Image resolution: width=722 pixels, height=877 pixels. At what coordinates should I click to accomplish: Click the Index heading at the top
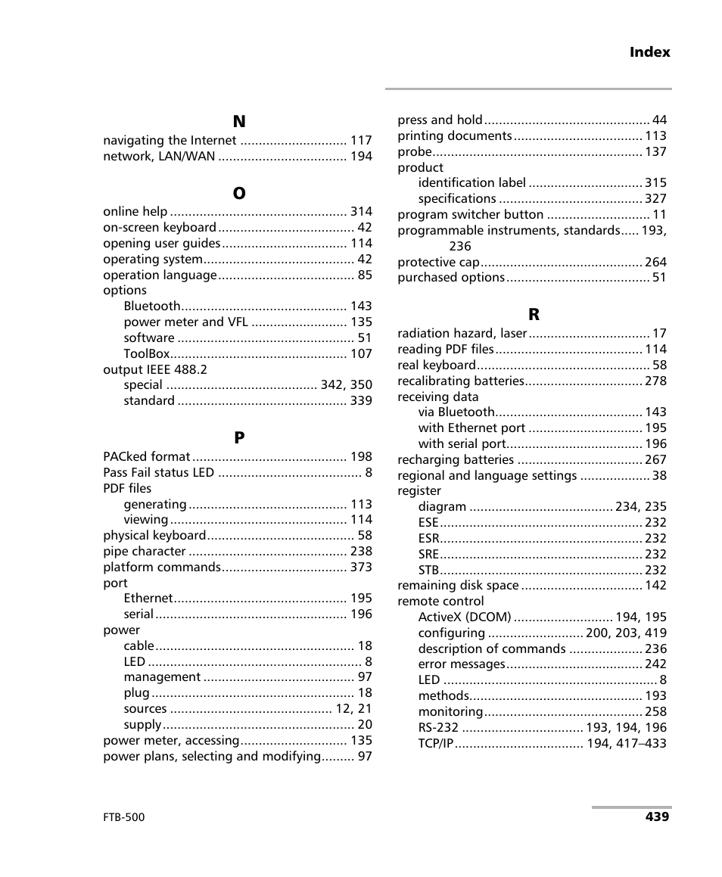[649, 52]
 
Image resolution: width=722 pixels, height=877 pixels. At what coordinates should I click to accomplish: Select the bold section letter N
[239, 122]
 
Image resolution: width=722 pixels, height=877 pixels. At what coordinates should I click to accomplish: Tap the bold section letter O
[239, 194]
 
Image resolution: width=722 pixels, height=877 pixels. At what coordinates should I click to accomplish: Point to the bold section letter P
[239, 438]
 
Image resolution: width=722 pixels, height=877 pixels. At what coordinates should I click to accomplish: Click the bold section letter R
[534, 315]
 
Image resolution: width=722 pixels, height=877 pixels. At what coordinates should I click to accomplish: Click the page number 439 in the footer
[657, 817]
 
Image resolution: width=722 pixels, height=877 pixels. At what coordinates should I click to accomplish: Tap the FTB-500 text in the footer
[124, 818]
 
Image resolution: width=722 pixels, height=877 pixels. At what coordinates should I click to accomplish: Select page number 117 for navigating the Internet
[361, 141]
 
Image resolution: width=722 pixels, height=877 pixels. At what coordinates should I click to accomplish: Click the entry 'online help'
[135, 212]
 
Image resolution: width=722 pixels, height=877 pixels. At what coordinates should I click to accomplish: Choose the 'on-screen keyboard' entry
[160, 228]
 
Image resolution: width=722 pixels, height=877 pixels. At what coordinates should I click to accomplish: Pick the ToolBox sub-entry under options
[147, 354]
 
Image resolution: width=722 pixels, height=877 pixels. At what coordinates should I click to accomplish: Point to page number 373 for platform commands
[361, 568]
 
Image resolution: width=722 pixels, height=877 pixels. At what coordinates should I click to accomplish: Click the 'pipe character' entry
[145, 552]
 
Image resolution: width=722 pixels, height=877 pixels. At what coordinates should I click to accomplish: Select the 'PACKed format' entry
[147, 457]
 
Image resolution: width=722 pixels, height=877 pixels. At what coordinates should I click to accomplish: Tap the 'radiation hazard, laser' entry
[462, 334]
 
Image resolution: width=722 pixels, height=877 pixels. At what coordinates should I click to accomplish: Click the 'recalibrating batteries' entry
[461, 381]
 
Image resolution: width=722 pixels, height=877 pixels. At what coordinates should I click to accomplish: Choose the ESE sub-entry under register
[428, 523]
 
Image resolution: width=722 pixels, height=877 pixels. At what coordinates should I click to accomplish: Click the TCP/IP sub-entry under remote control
[436, 744]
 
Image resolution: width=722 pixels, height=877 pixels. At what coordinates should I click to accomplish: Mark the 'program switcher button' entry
[470, 215]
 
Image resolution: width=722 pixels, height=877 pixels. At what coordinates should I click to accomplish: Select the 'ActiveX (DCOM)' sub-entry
[465, 617]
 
